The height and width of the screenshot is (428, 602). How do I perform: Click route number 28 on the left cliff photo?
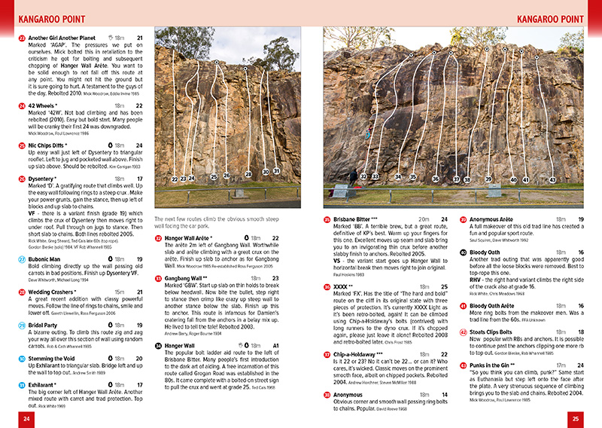point(248,174)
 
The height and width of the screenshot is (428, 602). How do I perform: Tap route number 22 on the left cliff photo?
point(174,179)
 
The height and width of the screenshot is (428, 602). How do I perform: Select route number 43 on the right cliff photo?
point(552,180)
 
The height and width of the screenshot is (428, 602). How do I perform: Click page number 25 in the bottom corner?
point(576,417)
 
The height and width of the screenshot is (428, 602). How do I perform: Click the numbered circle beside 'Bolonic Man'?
point(21,259)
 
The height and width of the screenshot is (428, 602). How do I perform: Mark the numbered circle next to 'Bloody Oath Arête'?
point(463,306)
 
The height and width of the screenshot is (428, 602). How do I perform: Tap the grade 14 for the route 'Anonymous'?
point(445,394)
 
